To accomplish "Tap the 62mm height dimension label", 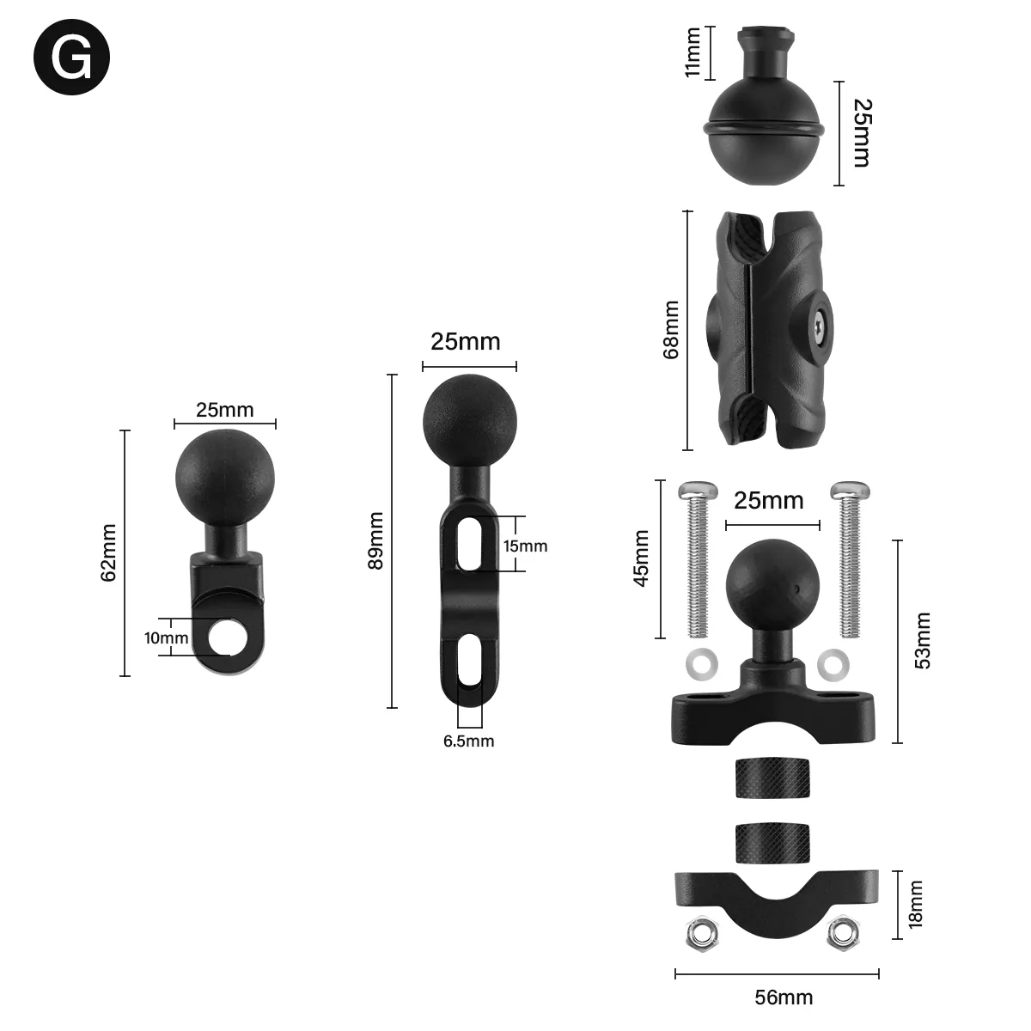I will point(108,552).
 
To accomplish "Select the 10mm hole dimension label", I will point(166,638).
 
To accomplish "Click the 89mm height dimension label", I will point(375,541).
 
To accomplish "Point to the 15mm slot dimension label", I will point(525,546).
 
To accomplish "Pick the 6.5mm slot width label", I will point(468,741).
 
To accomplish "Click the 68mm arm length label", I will point(671,329).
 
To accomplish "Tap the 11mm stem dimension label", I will point(693,52).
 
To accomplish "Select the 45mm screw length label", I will point(642,558).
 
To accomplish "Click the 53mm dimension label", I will point(922,640).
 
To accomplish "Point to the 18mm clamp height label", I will point(916,904).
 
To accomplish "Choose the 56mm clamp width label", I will point(783,997).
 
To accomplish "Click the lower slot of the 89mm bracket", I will point(469,661).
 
